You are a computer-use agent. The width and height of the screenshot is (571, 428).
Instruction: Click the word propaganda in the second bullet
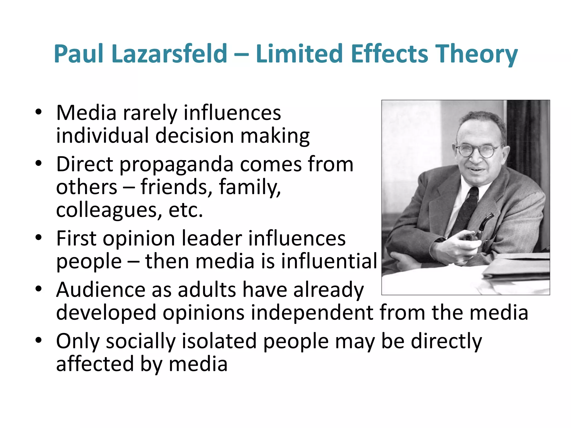coord(176,164)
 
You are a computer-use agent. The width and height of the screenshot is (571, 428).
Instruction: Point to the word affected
coord(95,364)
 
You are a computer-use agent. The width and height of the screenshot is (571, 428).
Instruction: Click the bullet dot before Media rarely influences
coord(38,113)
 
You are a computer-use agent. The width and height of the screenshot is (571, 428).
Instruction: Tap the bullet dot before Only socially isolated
coord(38,341)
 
